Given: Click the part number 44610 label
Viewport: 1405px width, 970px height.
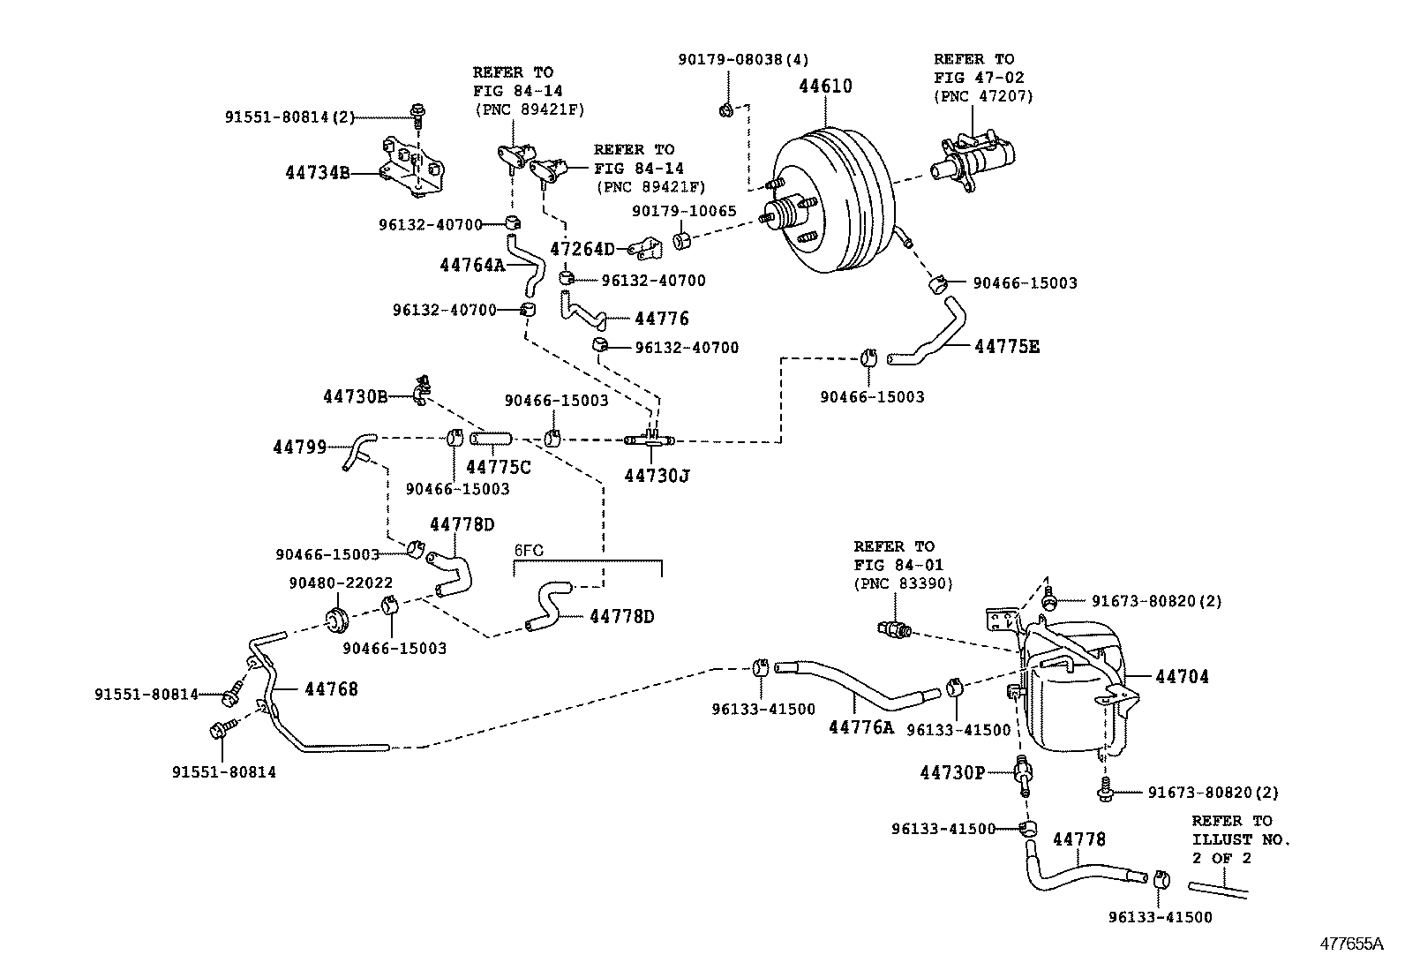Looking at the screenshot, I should [826, 86].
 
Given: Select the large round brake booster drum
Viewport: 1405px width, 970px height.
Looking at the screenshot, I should [834, 203].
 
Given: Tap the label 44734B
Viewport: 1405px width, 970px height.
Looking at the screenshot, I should [318, 173].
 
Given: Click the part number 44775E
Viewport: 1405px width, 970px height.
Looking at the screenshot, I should [1007, 347].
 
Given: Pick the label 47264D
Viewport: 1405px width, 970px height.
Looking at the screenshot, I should [582, 250].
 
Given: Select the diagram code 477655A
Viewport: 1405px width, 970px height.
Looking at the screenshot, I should [1351, 944].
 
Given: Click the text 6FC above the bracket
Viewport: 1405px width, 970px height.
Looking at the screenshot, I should [529, 550].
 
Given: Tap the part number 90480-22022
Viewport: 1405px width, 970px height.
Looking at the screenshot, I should [341, 583].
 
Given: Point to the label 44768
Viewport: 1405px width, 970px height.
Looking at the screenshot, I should [332, 689].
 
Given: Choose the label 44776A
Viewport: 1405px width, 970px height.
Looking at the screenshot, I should [861, 727].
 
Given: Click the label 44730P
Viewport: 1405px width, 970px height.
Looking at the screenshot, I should [952, 773].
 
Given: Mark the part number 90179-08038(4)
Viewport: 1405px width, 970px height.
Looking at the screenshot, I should [743, 59].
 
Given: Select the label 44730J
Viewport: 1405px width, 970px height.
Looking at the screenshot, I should [657, 477].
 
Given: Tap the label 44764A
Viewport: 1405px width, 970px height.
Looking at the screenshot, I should [472, 265].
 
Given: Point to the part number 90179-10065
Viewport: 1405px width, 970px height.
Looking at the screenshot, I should [684, 212].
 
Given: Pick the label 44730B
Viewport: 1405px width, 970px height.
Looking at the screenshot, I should [355, 397].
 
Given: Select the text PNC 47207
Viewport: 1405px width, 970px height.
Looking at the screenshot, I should [983, 96].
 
